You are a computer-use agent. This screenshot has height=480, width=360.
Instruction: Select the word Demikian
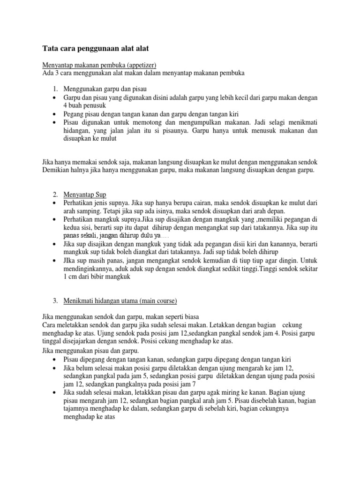[x=55, y=171]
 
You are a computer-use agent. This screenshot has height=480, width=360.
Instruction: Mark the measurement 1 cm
[x=73, y=277]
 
